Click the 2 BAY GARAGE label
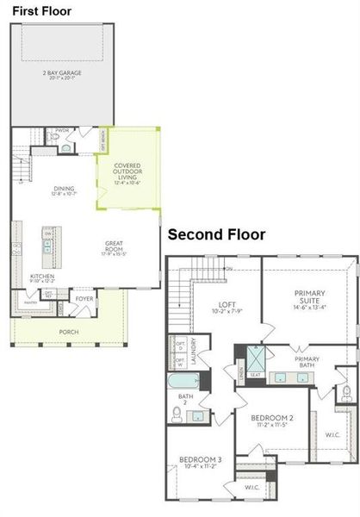tap(62, 73)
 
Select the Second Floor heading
tap(216, 234)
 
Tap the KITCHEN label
tap(42, 277)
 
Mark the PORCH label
tap(68, 331)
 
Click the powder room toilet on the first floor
tap(66, 148)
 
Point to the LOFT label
tap(227, 304)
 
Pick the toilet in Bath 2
tap(177, 414)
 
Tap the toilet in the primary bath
tap(346, 393)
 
